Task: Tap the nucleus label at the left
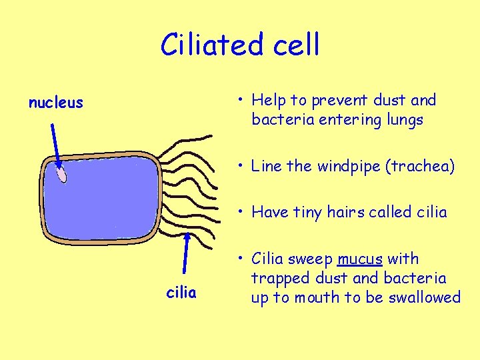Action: pos(55,103)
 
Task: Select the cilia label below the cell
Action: pos(181,293)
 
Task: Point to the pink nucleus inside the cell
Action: pos(61,175)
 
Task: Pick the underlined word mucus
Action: pos(360,259)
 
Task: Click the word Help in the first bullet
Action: pos(269,101)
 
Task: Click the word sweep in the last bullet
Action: pos(312,259)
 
